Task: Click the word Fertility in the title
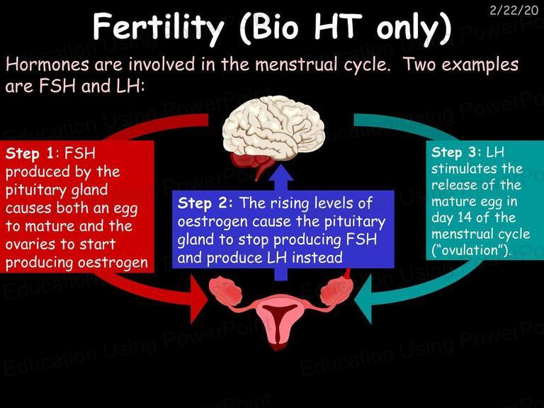(x=158, y=28)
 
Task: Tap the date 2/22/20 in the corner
(x=514, y=11)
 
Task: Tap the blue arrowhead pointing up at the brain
(x=281, y=177)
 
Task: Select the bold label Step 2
(x=205, y=203)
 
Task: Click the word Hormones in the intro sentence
(x=47, y=65)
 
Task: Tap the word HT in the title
(x=336, y=28)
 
